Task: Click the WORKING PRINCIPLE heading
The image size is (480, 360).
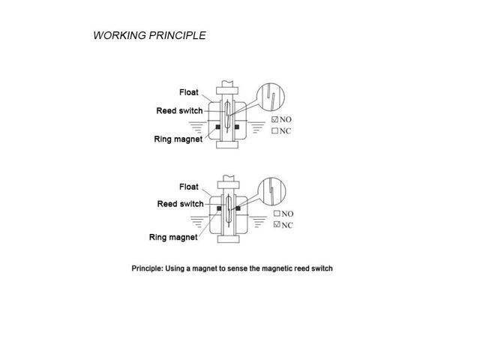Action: coord(149,35)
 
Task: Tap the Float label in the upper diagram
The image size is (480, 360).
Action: coord(188,92)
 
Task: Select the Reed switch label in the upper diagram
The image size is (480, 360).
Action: coord(179,110)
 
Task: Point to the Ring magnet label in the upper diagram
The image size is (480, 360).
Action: coord(178,139)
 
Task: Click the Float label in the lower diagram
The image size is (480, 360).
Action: coord(188,187)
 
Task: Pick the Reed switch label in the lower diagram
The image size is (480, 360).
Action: coord(180,204)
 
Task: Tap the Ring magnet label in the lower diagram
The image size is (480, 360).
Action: coord(173,237)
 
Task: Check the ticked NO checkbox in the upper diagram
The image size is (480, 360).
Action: coord(275,119)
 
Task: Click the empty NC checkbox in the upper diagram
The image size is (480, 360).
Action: coord(275,130)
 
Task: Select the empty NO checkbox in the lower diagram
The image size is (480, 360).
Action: coord(277,213)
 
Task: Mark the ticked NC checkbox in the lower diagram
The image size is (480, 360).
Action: coord(277,225)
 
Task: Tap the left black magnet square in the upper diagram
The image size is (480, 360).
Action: coord(218,127)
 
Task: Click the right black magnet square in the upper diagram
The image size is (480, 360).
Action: coord(237,127)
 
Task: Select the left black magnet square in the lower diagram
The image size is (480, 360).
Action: coord(219,208)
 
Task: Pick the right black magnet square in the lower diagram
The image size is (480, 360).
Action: coord(238,208)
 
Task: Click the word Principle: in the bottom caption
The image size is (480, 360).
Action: coord(147,268)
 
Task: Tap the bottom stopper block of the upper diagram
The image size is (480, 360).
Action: coord(227,145)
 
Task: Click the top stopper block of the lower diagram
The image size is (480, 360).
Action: coord(228,185)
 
